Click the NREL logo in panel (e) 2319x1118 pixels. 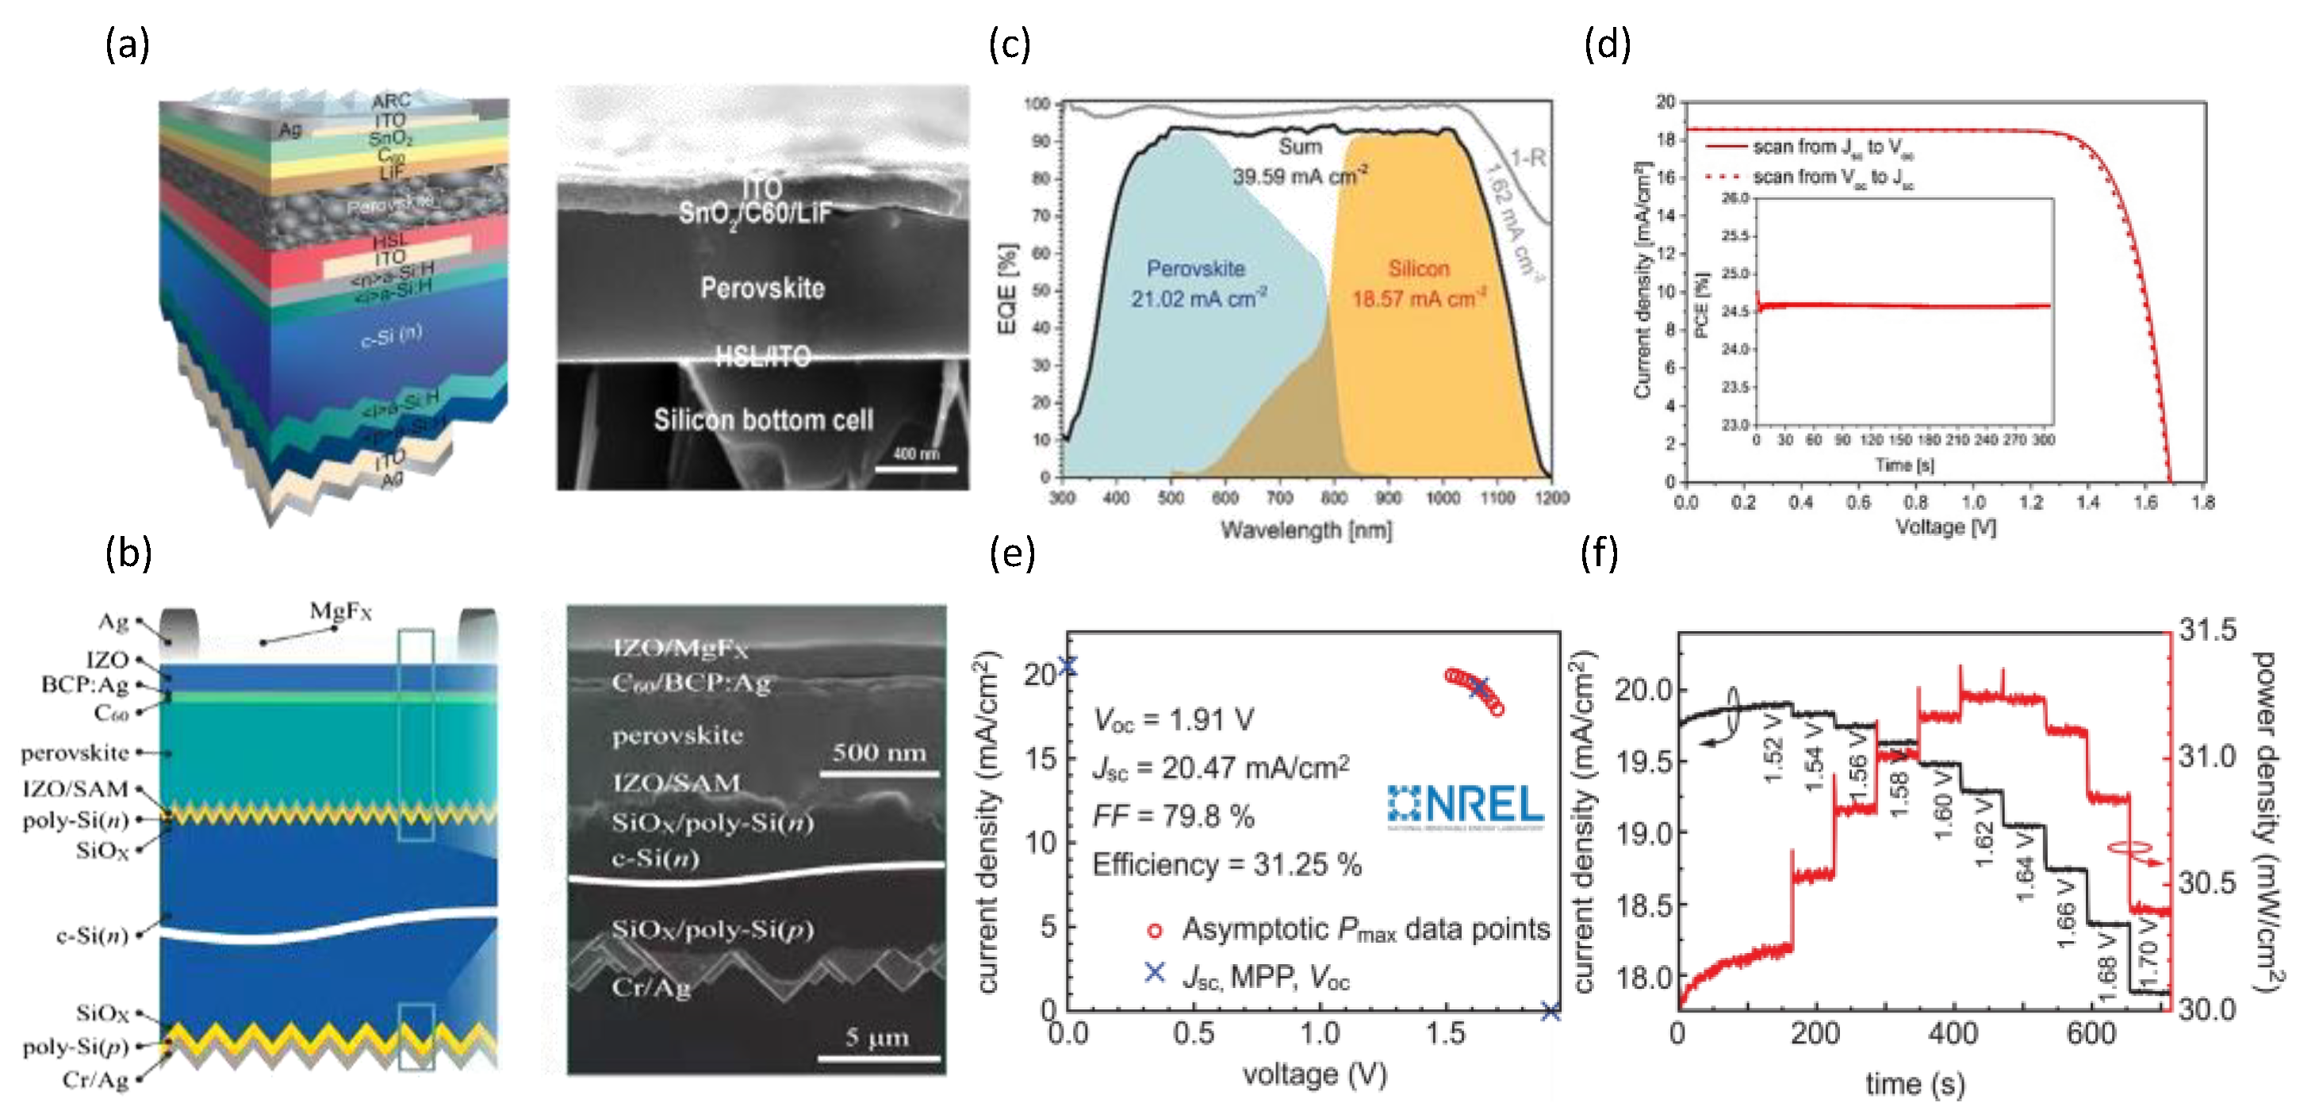(1466, 804)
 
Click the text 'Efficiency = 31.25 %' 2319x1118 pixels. (1226, 865)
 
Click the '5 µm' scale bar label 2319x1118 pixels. (877, 1038)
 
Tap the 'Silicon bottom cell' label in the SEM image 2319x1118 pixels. (764, 419)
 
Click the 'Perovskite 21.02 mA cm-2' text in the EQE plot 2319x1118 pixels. (1198, 282)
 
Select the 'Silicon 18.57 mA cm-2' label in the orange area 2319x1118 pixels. (1419, 282)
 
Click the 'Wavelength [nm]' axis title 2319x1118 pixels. (1305, 530)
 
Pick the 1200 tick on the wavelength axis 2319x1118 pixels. (1551, 498)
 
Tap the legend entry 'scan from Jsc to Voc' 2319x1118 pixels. (1831, 147)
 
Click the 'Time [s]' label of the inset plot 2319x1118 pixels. (1904, 465)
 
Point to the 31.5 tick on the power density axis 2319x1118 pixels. (2206, 630)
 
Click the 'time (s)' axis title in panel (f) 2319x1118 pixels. (1914, 1084)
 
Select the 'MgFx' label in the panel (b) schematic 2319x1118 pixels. (340, 611)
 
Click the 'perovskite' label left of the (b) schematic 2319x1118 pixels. (75, 752)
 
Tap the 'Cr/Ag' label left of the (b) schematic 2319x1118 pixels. (95, 1079)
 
